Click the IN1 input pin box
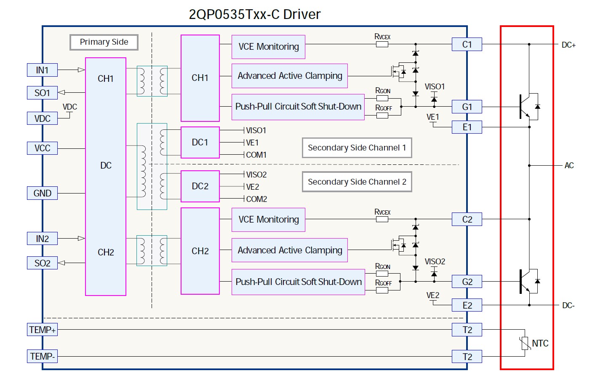[42, 70]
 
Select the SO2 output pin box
[42, 263]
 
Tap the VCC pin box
[42, 148]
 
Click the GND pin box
[42, 193]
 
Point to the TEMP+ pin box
[42, 330]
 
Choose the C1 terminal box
[467, 44]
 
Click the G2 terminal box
[467, 282]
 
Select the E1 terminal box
[467, 127]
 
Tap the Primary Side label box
[104, 42]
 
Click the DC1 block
[200, 142]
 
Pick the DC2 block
[200, 186]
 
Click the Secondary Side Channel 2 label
[357, 182]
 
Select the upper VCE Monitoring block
[268, 47]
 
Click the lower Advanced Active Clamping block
[290, 250]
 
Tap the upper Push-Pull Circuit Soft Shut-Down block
[298, 107]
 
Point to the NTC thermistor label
[540, 344]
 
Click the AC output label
[569, 166]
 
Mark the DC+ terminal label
[568, 45]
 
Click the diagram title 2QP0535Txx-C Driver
[254, 14]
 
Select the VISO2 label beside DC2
[256, 175]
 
